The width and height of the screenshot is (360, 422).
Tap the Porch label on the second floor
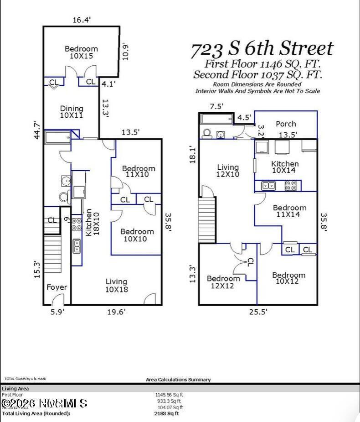tap(286, 124)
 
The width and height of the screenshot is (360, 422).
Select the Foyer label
tap(57, 287)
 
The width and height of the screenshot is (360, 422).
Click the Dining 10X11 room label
tap(72, 112)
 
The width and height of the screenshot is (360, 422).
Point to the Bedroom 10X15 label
tap(81, 52)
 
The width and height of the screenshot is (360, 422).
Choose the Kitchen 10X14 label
tap(285, 167)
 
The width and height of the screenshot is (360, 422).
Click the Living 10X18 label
tap(116, 285)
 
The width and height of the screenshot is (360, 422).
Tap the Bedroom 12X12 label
tap(223, 282)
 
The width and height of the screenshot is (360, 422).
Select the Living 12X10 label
tap(227, 171)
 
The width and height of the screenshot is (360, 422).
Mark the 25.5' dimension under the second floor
tap(257, 312)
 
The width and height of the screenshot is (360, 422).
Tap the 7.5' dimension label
tap(216, 106)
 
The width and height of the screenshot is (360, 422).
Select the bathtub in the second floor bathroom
tap(216, 120)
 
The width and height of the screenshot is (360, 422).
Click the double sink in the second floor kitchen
tap(268, 185)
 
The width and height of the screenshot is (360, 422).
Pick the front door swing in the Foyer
tap(57, 300)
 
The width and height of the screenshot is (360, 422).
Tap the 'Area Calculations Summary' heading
tap(178, 380)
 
